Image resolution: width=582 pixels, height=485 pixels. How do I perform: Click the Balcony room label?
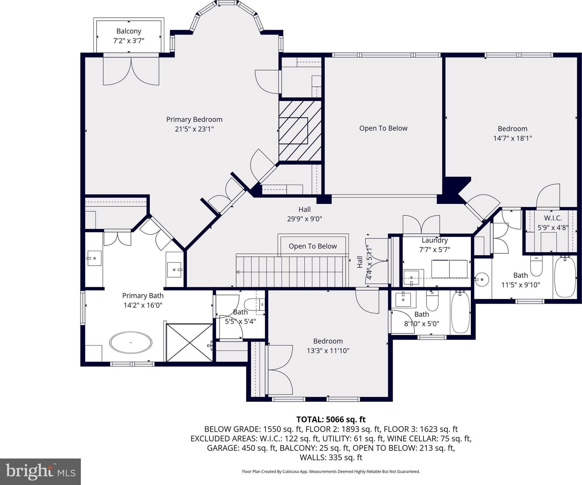[x=129, y=31]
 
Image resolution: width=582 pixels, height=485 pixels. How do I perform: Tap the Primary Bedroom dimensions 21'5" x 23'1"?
[x=194, y=129]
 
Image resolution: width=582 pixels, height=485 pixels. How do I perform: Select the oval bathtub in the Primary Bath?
[x=131, y=342]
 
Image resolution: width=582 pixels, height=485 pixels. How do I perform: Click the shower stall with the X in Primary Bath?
[x=189, y=343]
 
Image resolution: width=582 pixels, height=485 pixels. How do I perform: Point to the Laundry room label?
[x=435, y=240]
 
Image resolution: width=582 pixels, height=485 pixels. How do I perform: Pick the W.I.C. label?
[x=553, y=218]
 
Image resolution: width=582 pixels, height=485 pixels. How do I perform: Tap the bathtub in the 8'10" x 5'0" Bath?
[x=460, y=312]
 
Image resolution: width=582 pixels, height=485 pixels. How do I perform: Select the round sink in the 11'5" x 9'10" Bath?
[x=482, y=279]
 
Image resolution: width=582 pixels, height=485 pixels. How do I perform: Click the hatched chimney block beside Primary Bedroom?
[x=300, y=131]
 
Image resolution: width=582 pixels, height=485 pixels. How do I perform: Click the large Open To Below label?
[x=383, y=128]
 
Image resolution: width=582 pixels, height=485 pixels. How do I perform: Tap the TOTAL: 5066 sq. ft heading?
[x=331, y=419]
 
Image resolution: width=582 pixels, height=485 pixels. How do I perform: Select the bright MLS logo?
[x=40, y=471]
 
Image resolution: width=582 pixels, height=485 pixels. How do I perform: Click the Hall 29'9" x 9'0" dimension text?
[x=305, y=219]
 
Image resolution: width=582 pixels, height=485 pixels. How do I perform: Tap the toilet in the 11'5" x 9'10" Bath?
[x=536, y=266]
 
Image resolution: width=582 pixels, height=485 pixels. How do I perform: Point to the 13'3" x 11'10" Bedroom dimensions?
[x=328, y=351]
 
